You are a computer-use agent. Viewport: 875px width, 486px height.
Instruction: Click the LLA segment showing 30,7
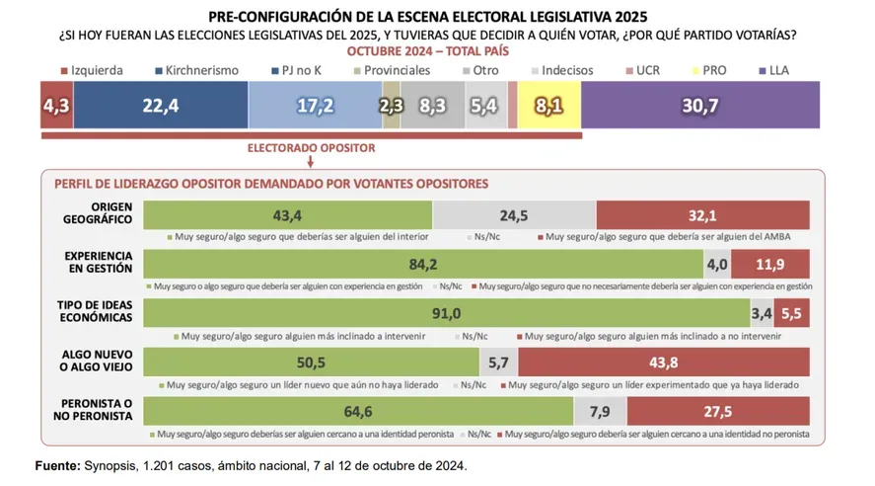(x=701, y=104)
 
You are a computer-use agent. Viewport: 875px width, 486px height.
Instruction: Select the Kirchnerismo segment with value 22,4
(x=159, y=104)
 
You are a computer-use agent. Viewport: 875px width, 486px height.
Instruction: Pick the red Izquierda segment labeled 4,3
(x=55, y=104)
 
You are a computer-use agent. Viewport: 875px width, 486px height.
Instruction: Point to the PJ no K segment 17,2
(x=315, y=104)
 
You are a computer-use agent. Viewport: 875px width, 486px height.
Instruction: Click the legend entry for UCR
(x=645, y=71)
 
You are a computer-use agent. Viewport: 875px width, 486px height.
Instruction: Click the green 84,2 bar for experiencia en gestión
(x=423, y=264)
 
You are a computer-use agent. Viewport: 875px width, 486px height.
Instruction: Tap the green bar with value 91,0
(x=447, y=313)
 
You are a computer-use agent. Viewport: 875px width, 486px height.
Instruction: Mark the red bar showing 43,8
(x=663, y=363)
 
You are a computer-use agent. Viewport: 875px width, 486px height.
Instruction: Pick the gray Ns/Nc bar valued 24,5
(x=514, y=214)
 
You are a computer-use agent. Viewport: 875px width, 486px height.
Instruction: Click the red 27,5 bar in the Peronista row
(x=717, y=411)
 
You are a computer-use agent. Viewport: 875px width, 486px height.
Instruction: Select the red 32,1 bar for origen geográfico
(x=702, y=214)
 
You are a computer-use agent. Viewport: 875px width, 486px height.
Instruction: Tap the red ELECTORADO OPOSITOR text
(x=310, y=148)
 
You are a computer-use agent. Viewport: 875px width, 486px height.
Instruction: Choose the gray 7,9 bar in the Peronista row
(x=599, y=411)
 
